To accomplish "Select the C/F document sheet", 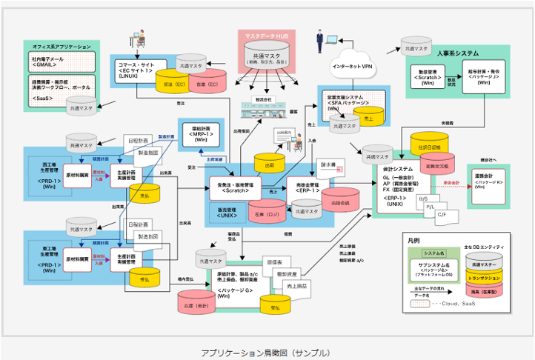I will tap(442, 216).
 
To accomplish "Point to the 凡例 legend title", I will tap(413, 240).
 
